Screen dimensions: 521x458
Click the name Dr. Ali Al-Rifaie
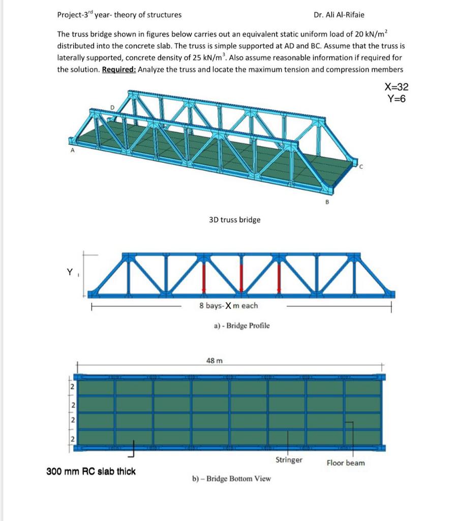coord(339,15)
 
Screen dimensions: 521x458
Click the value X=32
coord(396,88)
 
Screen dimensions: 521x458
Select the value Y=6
coord(396,99)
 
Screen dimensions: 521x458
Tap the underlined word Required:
coord(119,70)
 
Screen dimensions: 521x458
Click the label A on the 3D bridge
coord(72,151)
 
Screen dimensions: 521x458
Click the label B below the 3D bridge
coord(327,202)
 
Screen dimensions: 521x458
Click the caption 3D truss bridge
coord(234,220)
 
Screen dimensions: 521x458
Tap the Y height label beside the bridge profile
coord(69,272)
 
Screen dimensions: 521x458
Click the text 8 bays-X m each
coord(228,306)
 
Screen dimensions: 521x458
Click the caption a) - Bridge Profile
coord(241,326)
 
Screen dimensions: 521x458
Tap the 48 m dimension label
coord(215,361)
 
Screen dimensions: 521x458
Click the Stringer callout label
coord(289,460)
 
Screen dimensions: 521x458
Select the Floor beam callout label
coord(345,463)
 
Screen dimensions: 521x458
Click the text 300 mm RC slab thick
coord(91,471)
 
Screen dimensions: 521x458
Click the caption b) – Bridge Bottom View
coord(231,479)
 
